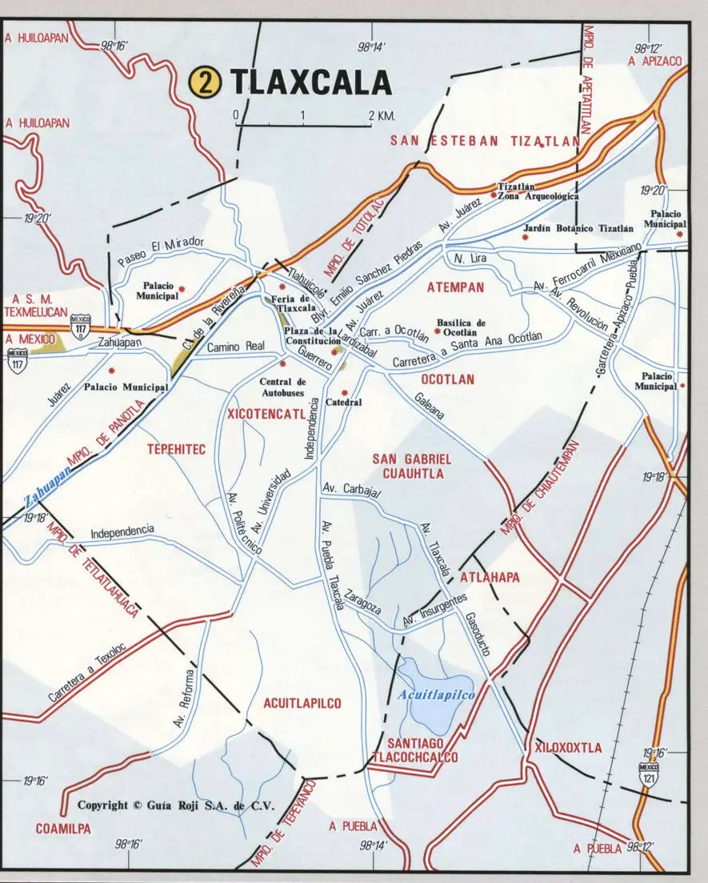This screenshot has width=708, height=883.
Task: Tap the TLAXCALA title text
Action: (311, 83)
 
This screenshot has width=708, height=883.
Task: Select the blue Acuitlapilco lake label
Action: (436, 695)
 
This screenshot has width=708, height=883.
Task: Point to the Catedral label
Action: (344, 402)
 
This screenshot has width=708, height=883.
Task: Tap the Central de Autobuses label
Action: (282, 387)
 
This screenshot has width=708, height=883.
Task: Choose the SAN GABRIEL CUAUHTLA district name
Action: (412, 466)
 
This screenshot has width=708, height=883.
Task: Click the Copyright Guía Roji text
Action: (175, 805)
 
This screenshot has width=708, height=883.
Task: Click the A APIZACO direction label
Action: (655, 60)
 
